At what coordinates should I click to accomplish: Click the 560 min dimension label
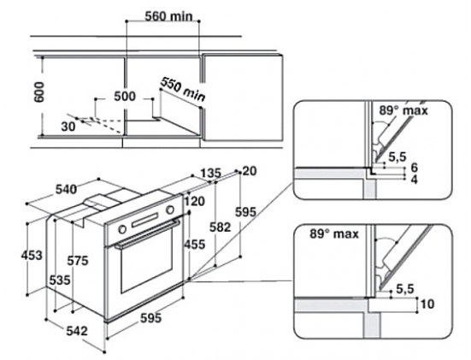(x=168, y=16)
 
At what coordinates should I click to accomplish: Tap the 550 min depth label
(x=183, y=89)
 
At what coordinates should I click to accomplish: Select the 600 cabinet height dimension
(x=38, y=91)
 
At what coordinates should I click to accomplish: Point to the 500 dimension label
(x=125, y=97)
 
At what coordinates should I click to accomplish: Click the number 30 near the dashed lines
(x=68, y=127)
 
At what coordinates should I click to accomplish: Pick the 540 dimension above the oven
(x=66, y=190)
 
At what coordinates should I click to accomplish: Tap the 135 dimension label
(x=210, y=174)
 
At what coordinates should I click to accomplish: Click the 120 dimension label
(x=195, y=201)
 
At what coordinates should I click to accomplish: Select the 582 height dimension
(x=221, y=227)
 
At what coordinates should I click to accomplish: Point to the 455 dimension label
(x=194, y=245)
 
